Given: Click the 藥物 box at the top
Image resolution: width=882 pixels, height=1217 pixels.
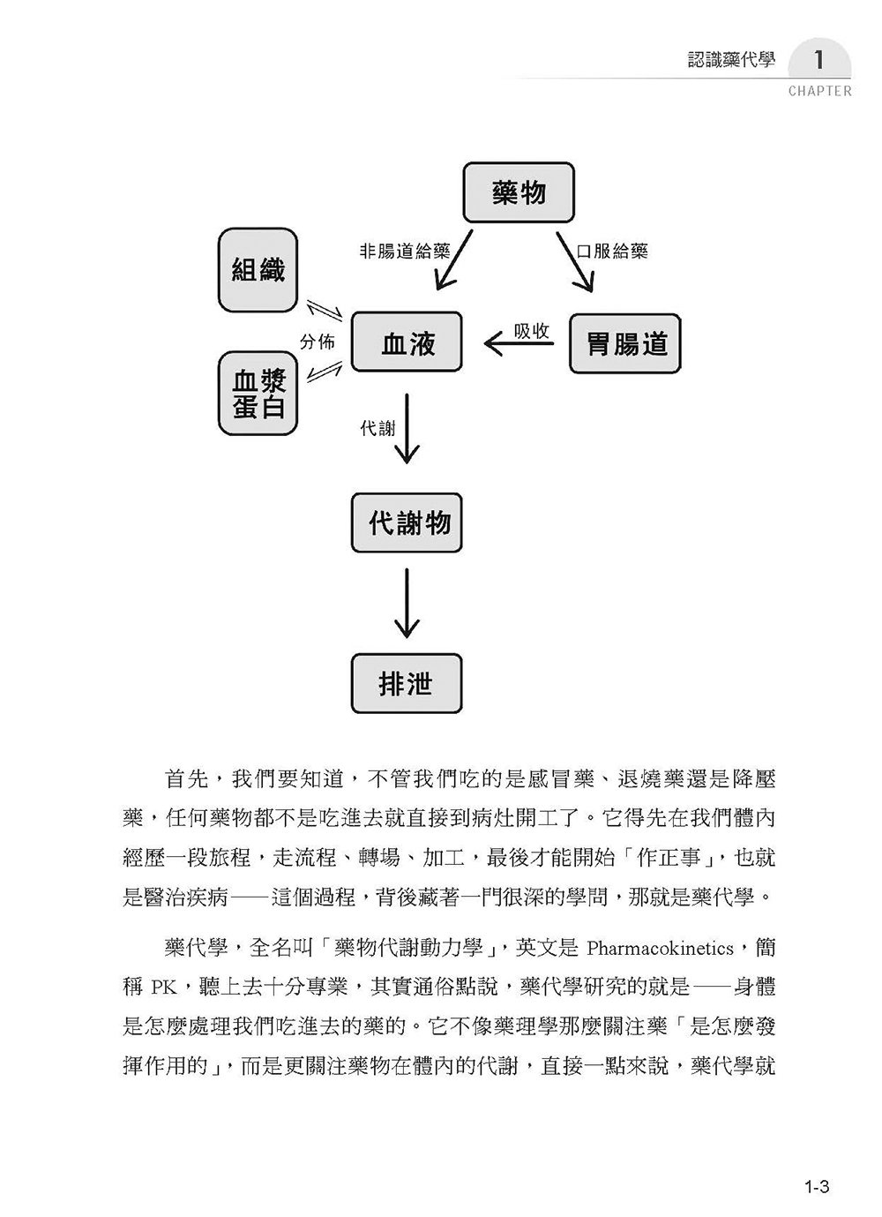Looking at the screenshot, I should (x=519, y=192).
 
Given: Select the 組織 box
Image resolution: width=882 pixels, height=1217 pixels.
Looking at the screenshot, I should (x=258, y=270).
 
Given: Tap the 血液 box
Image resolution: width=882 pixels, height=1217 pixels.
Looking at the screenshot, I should (x=407, y=342).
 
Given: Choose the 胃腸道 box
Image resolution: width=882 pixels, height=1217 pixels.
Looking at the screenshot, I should (x=625, y=342).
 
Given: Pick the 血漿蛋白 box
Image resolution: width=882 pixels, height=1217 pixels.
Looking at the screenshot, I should (x=258, y=393).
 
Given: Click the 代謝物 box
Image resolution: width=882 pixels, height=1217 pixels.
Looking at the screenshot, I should (x=407, y=523).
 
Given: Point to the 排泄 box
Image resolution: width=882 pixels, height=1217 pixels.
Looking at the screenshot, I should (x=407, y=683).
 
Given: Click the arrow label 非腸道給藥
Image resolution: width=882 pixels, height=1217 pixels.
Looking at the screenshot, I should (x=398, y=251).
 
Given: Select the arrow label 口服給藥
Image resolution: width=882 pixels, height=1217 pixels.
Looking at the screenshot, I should (x=611, y=252).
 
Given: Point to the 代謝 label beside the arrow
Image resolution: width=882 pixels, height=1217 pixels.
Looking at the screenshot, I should (x=377, y=429).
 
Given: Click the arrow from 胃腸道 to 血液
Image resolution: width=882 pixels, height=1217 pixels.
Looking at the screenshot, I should (x=519, y=345).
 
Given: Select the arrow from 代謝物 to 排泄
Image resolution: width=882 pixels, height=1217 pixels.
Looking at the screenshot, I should (x=407, y=603).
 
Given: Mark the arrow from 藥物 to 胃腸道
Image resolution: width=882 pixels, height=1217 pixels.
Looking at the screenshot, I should (x=575, y=261).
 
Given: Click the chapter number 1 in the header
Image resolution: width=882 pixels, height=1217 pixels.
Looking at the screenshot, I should (x=818, y=62).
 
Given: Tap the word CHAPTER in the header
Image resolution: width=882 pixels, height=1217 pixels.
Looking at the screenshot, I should (x=820, y=91).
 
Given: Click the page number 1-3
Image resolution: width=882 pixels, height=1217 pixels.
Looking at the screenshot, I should (x=817, y=1187).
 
